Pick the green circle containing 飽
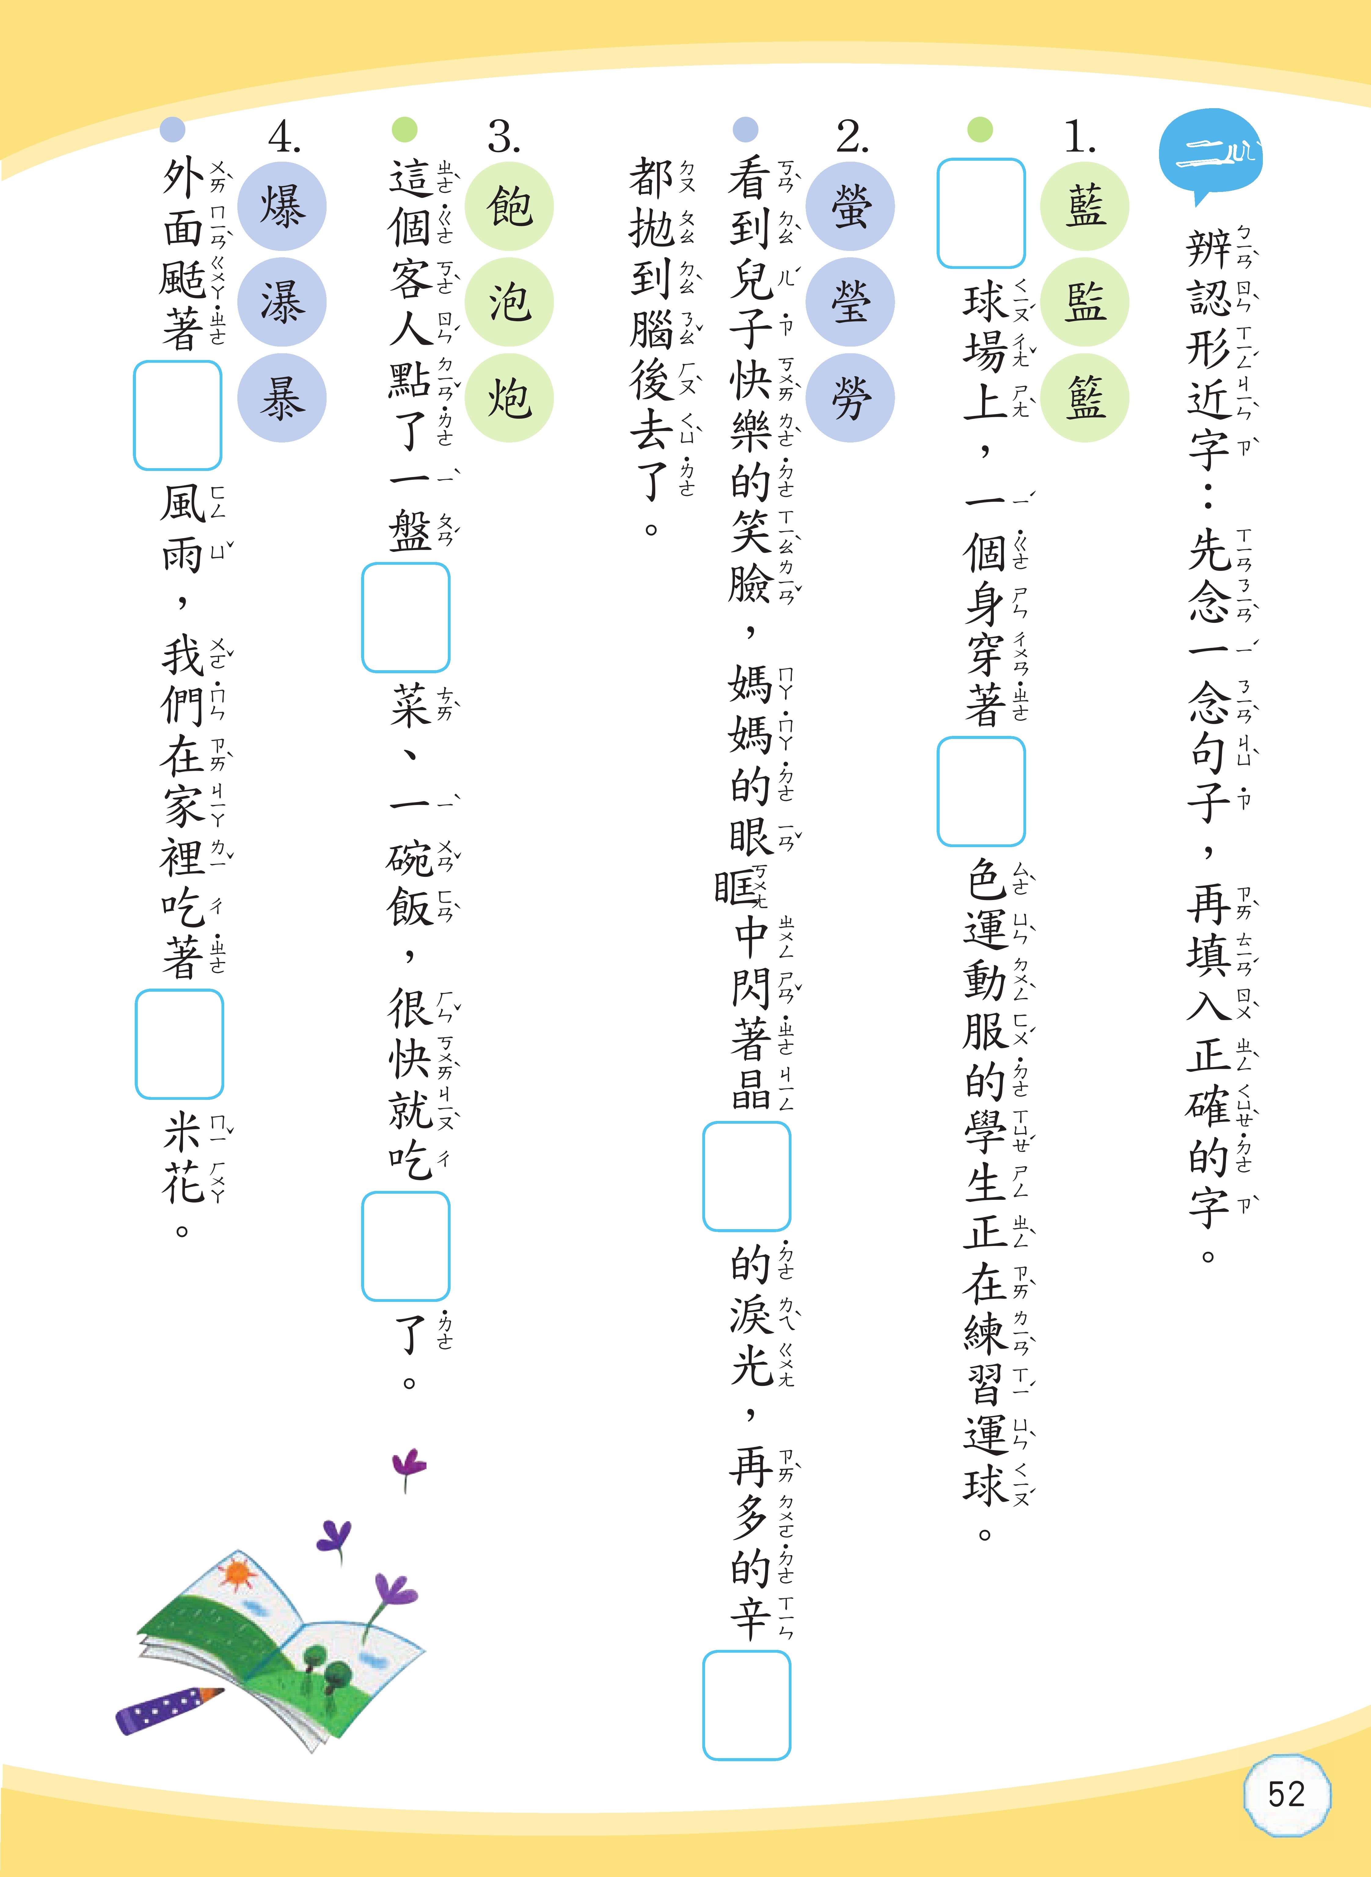(509, 206)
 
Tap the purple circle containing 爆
(282, 206)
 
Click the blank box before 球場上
(981, 213)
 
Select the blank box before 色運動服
(981, 791)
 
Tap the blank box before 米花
(179, 1044)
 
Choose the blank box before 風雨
(177, 415)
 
